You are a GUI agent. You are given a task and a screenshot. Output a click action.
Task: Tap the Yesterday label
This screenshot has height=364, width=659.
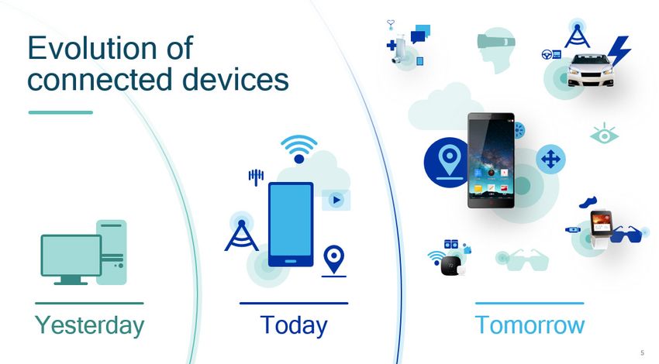(89, 325)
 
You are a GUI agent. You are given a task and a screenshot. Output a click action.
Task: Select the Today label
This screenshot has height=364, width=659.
(293, 325)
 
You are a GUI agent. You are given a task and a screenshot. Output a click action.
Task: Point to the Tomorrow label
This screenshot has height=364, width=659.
(530, 325)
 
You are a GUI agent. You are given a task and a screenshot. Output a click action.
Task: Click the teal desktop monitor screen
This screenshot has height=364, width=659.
(71, 255)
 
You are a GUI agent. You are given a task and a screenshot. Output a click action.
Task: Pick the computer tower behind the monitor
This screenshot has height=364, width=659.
(112, 252)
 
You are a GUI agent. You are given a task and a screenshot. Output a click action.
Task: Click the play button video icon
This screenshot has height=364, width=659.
(336, 201)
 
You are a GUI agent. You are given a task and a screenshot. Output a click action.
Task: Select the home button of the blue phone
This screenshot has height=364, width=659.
(291, 261)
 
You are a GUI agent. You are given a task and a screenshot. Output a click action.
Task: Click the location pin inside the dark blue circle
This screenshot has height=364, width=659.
(449, 162)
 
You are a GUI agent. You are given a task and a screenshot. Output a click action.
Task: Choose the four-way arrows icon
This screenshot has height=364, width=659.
(550, 159)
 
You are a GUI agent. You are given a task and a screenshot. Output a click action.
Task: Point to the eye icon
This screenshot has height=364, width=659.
(605, 134)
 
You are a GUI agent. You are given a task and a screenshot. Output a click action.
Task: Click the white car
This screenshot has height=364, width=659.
(590, 70)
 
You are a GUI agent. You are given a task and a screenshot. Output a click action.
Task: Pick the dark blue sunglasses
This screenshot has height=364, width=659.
(626, 234)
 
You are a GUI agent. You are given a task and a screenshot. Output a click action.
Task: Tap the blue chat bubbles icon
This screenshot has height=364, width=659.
(420, 34)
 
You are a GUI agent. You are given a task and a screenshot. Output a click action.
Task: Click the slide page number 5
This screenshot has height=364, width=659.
(642, 353)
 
